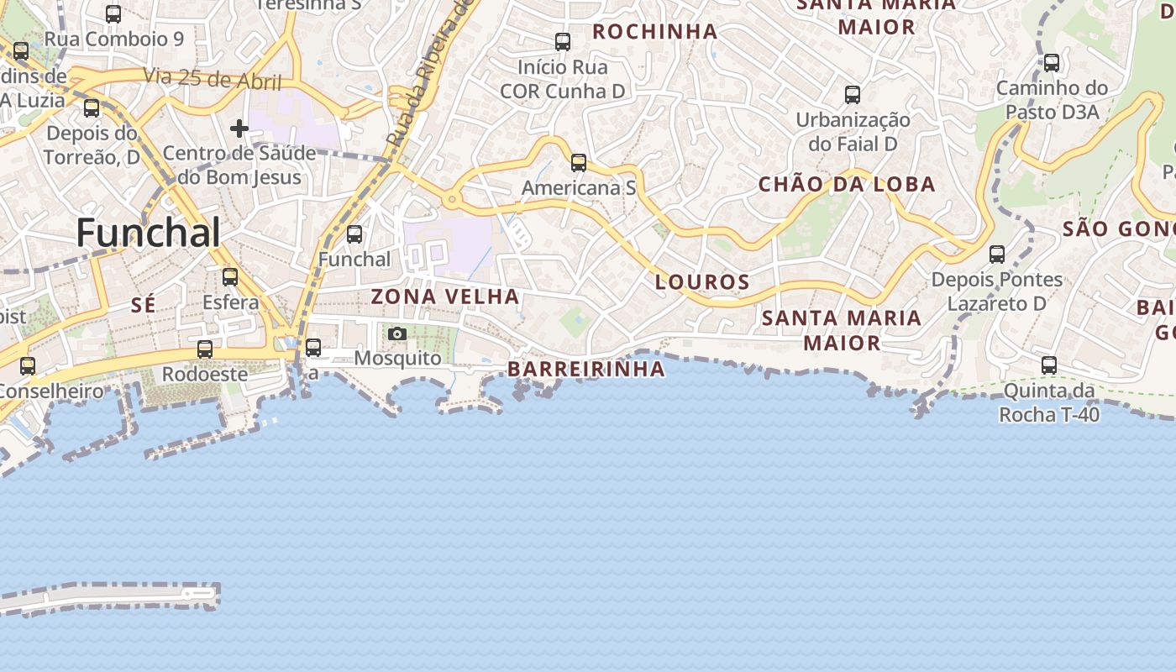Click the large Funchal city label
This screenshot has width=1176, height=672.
(148, 233)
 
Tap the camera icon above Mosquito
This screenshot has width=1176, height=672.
(397, 334)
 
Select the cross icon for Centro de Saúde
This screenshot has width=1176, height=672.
(239, 129)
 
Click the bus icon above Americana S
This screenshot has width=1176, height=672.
(579, 163)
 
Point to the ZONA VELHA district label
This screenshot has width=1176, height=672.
(445, 297)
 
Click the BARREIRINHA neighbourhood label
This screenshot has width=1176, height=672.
(586, 370)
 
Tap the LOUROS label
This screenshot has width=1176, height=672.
(701, 282)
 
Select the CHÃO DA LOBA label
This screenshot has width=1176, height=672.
(847, 185)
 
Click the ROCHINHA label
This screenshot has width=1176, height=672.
(655, 32)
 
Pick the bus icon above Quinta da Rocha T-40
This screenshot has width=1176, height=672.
(1049, 365)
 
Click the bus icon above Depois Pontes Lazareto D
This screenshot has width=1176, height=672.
(997, 254)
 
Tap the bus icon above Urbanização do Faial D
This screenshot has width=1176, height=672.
(853, 95)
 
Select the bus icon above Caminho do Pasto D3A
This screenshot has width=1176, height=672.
(1052, 63)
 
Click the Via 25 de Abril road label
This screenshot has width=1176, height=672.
(212, 79)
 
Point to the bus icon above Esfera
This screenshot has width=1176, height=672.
(229, 277)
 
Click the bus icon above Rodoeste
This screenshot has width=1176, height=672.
(205, 349)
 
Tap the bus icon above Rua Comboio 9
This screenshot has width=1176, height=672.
(113, 14)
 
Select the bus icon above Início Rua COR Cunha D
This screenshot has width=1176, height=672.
(563, 42)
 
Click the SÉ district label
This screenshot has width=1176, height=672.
(143, 305)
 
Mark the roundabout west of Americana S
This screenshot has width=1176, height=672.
(452, 200)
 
